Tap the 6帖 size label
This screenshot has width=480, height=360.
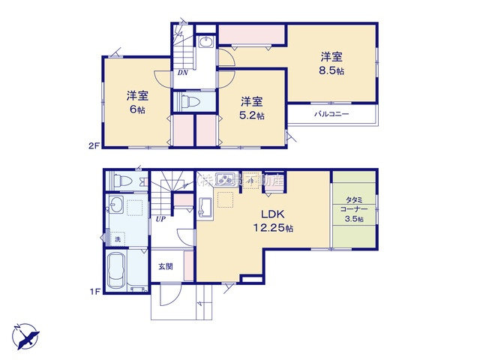coord(136,109)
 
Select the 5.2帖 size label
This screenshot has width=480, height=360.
coord(251,115)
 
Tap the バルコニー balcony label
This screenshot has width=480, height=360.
coord(329,115)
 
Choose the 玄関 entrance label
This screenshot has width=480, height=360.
coord(166,265)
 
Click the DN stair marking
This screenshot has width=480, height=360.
coord(182,73)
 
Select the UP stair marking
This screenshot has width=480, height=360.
coord(160,219)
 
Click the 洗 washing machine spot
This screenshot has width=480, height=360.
coord(116,238)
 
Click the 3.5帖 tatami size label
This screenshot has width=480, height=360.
coord(354,218)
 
